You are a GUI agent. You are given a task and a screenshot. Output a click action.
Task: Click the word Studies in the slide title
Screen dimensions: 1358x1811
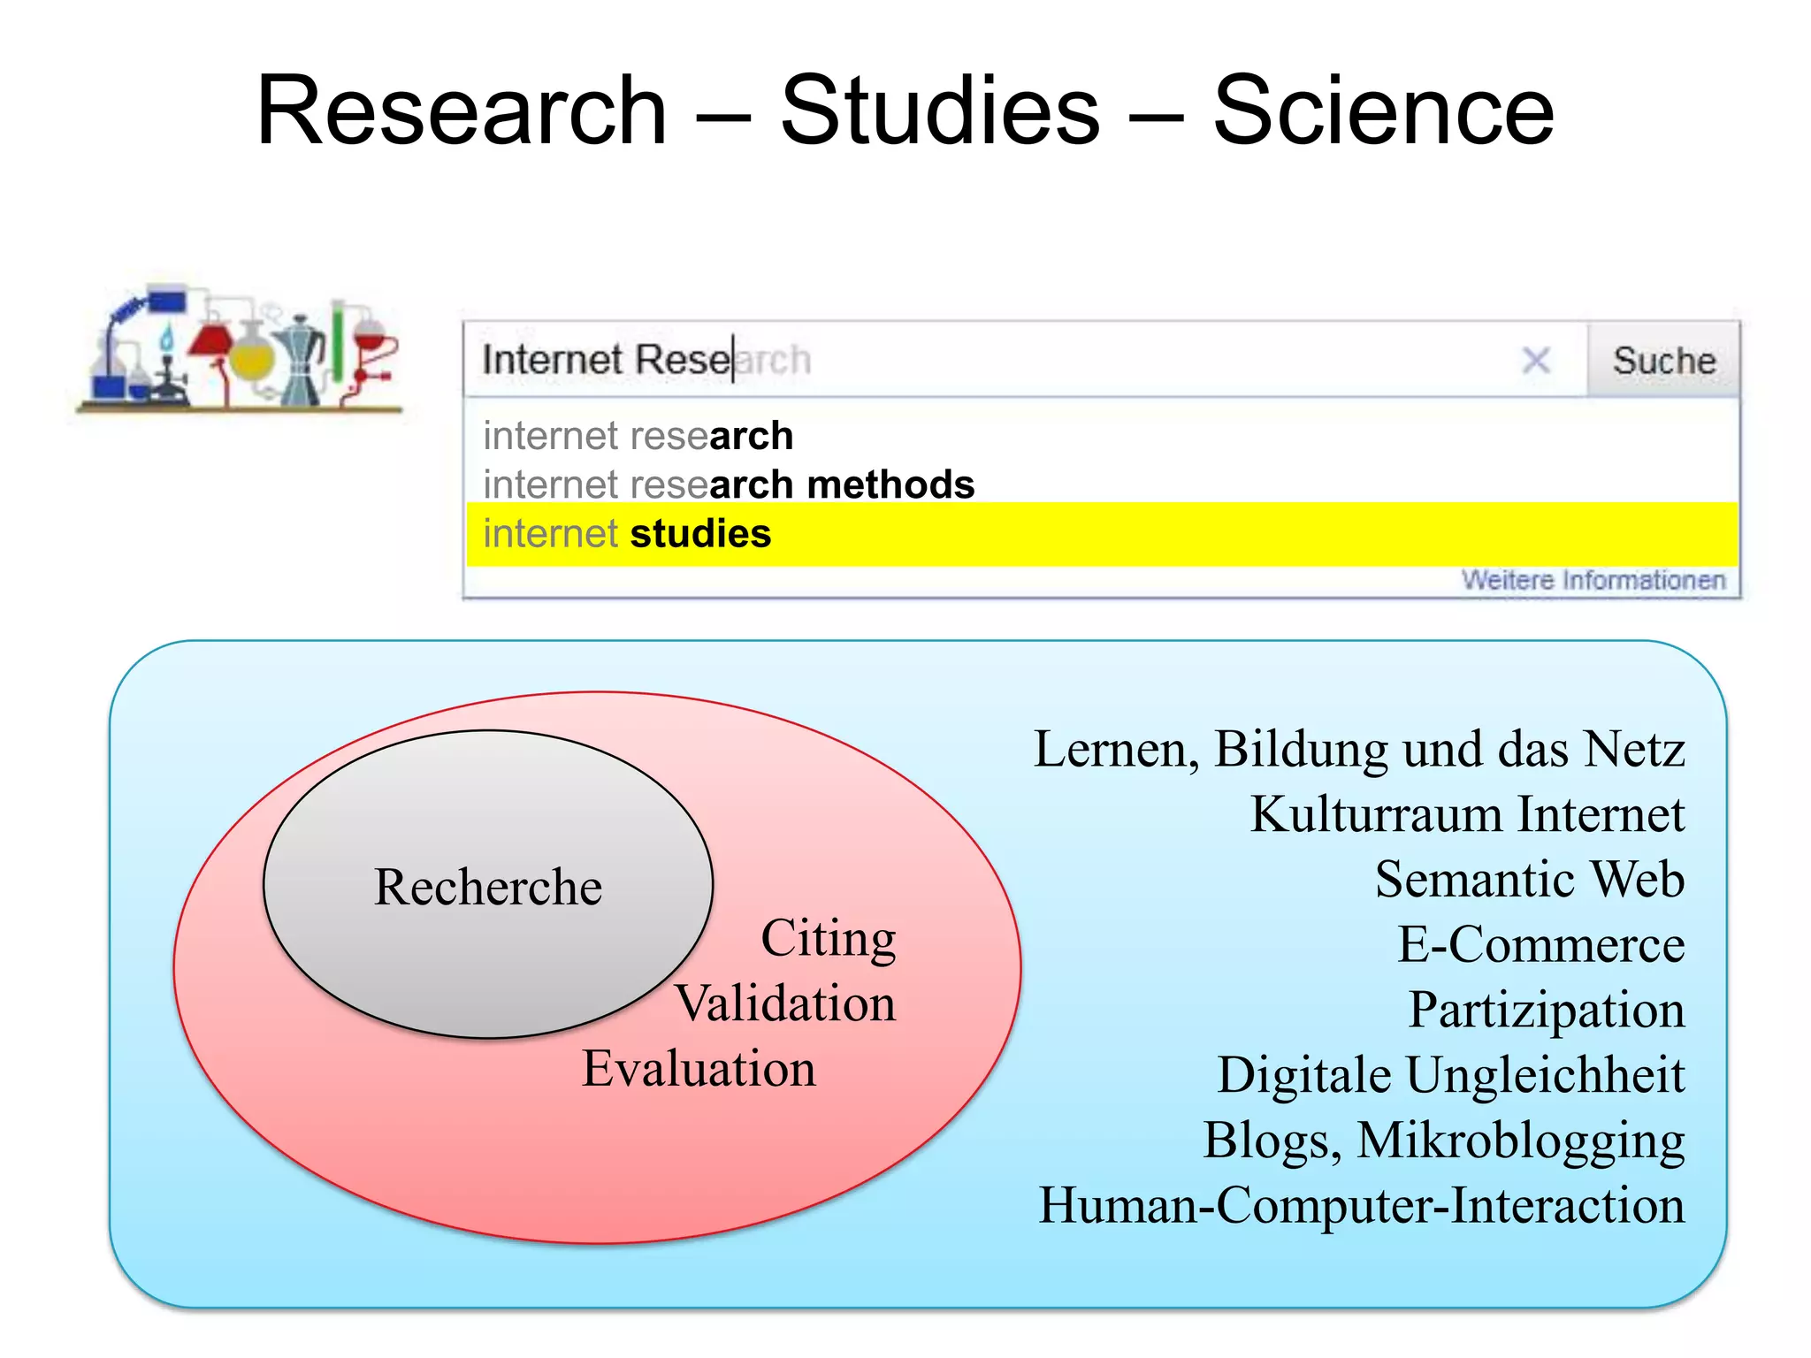pos(940,111)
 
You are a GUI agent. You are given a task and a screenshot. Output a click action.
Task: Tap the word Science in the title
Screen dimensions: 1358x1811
pos(1383,111)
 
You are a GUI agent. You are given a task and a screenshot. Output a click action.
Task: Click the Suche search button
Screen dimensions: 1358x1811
pos(1663,361)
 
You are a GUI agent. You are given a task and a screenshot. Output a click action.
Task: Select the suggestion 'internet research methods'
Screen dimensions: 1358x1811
pos(729,484)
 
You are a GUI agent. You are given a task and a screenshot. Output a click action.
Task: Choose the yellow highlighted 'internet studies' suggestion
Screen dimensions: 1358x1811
pos(627,534)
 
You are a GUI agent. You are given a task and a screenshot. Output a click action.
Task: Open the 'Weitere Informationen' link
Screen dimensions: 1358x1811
pos(1593,580)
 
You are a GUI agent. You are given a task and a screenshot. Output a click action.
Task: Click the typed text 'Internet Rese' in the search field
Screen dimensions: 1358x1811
pos(606,360)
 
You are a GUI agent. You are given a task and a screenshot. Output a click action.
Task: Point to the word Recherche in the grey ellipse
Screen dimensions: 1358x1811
pos(488,887)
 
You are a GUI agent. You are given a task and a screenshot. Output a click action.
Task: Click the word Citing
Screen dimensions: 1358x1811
pos(829,939)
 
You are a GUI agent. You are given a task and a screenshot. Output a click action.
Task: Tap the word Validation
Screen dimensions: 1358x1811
pos(785,1004)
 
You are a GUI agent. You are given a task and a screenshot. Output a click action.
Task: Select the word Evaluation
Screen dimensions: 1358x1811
pos(699,1069)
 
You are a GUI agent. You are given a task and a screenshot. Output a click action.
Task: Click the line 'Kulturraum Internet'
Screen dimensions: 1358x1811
pos(1467,814)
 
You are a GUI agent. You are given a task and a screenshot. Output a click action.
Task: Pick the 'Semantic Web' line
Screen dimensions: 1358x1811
pos(1529,880)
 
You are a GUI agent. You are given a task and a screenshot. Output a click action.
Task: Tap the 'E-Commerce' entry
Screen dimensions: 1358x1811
pos(1540,945)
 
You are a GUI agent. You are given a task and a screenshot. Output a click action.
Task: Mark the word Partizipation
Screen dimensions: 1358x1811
pos(1546,1010)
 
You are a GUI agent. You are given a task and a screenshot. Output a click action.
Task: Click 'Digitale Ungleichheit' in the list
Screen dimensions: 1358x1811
pos(1450,1075)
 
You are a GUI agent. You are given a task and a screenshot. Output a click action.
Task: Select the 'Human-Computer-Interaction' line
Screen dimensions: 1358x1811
pos(1362,1205)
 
